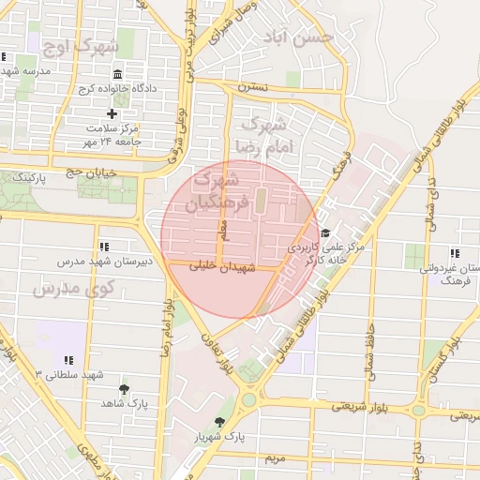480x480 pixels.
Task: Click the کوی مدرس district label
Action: pos(66,288)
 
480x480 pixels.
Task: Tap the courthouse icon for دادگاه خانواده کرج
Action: pos(116,74)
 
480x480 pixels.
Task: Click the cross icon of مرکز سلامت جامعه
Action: pos(112,113)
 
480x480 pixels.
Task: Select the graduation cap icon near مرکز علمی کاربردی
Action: pos(325,232)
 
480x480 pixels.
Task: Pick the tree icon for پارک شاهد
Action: pos(124,389)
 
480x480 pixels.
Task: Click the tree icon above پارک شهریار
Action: pos(220,422)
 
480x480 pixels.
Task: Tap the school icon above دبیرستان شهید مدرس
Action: pos(103,247)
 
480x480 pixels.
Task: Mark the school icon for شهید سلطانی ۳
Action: pos(68,360)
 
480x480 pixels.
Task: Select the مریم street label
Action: pos(274,458)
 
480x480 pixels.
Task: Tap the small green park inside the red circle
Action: pos(261,200)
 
